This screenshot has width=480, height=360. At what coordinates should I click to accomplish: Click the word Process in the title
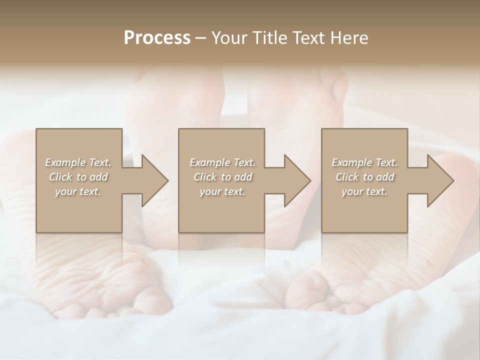coord(157,38)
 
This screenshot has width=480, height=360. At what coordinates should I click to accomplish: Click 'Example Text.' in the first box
coord(78,162)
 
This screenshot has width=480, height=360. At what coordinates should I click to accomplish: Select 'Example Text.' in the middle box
coord(222,162)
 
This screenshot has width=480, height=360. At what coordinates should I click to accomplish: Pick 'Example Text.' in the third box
coord(364,162)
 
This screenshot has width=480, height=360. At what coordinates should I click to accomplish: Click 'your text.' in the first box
coord(78,191)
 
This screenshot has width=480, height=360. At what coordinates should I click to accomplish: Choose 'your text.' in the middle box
coord(222,191)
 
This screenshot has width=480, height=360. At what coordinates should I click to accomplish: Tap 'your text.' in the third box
coord(364,191)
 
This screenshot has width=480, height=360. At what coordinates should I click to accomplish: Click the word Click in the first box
coord(61,177)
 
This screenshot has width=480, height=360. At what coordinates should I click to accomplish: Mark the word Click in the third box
coord(347,177)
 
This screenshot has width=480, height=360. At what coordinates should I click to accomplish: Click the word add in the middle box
coord(243,177)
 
